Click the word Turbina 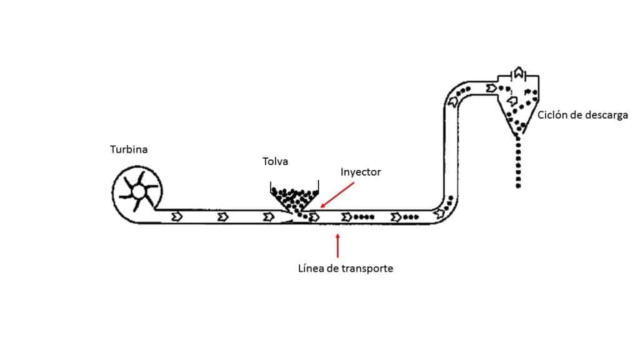point(129,149)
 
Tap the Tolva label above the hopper point(275,162)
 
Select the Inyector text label point(361,171)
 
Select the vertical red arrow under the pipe point(338,245)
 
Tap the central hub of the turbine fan point(136,190)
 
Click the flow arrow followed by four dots point(347,217)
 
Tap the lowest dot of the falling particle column point(518,186)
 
